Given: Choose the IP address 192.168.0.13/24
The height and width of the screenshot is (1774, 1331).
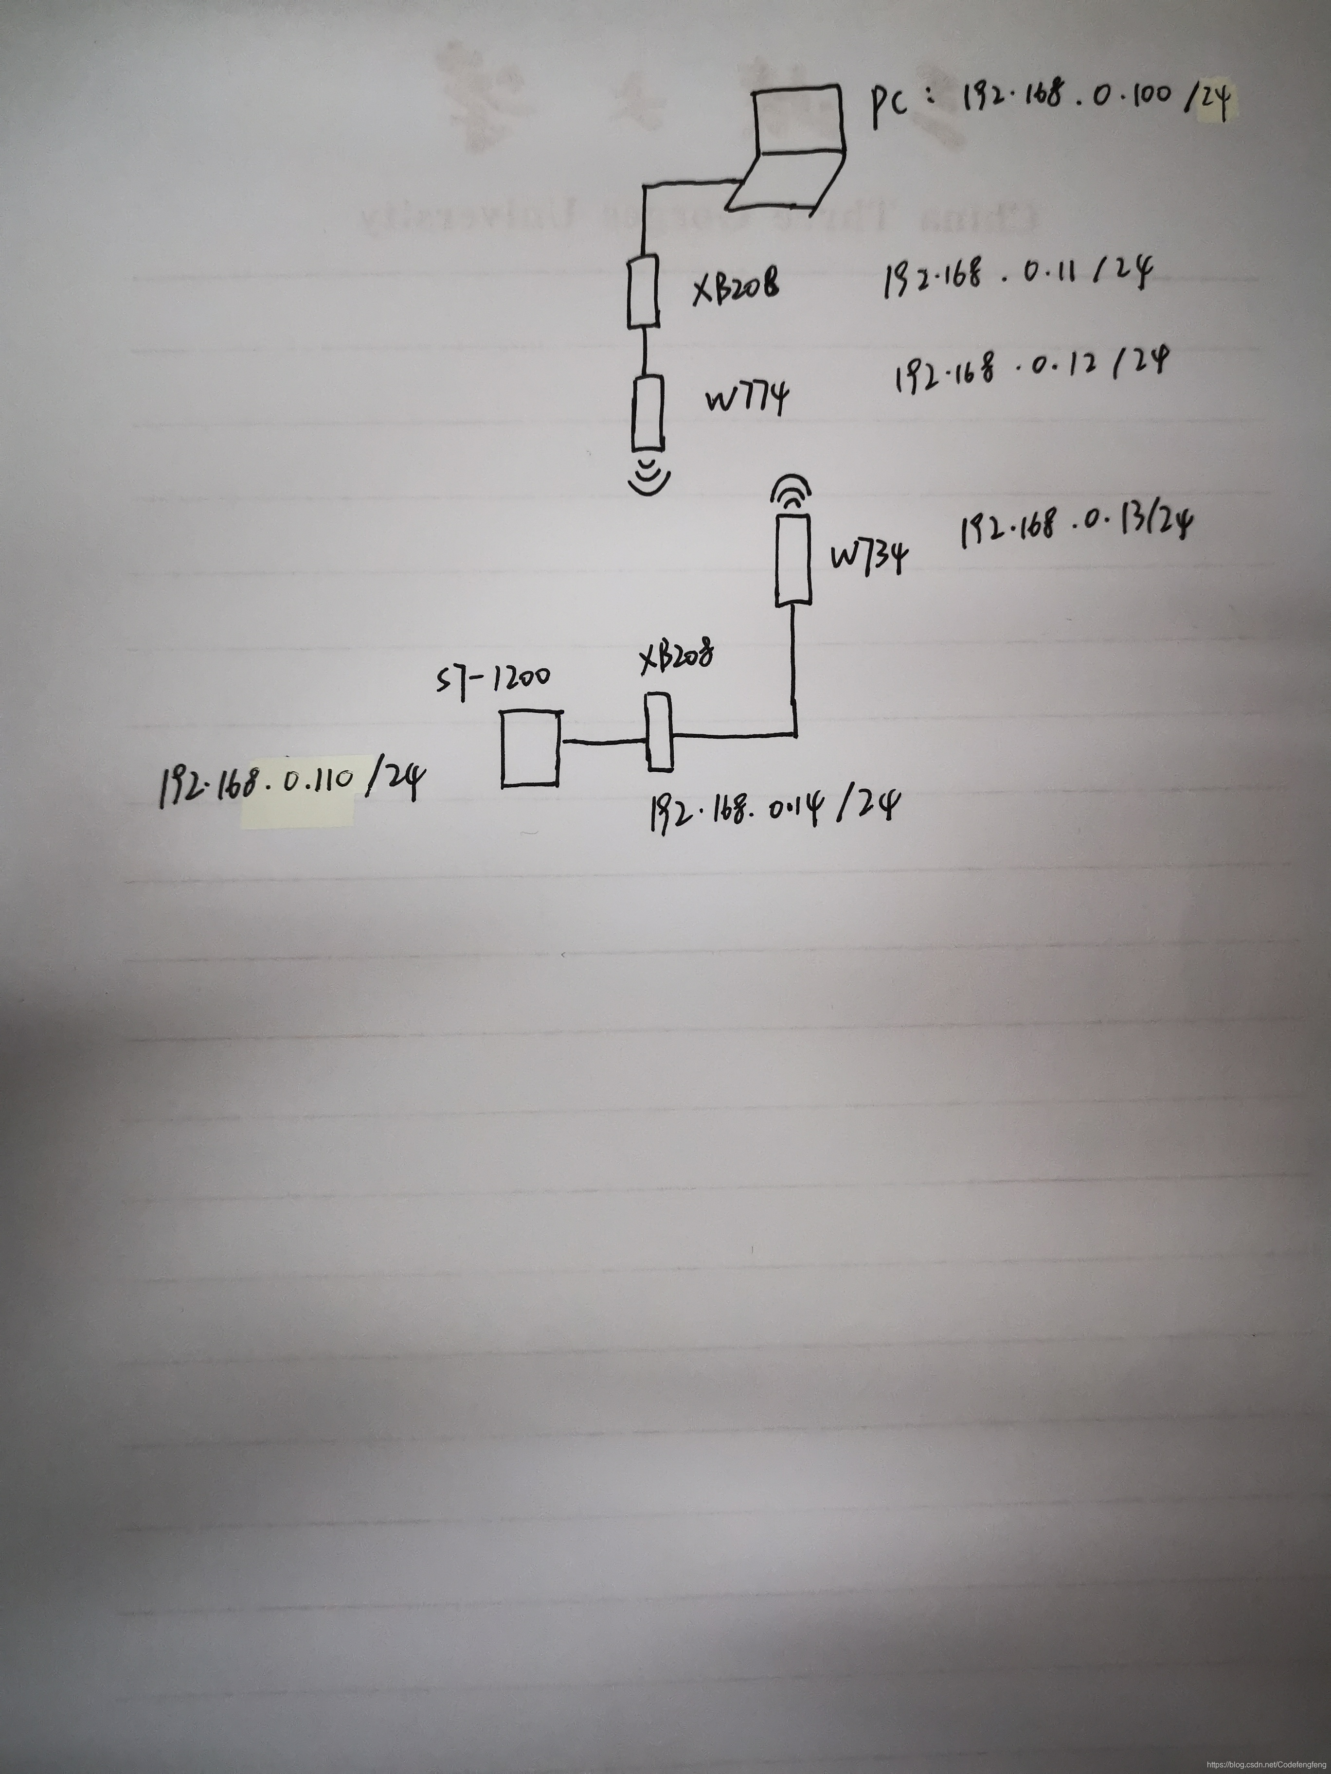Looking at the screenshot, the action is click(1075, 525).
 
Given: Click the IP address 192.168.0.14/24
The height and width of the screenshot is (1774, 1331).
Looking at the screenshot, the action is click(773, 806).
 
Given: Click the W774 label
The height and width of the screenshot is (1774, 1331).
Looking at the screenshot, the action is click(746, 397).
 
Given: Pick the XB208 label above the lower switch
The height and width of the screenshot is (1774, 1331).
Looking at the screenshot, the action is click(676, 657).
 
